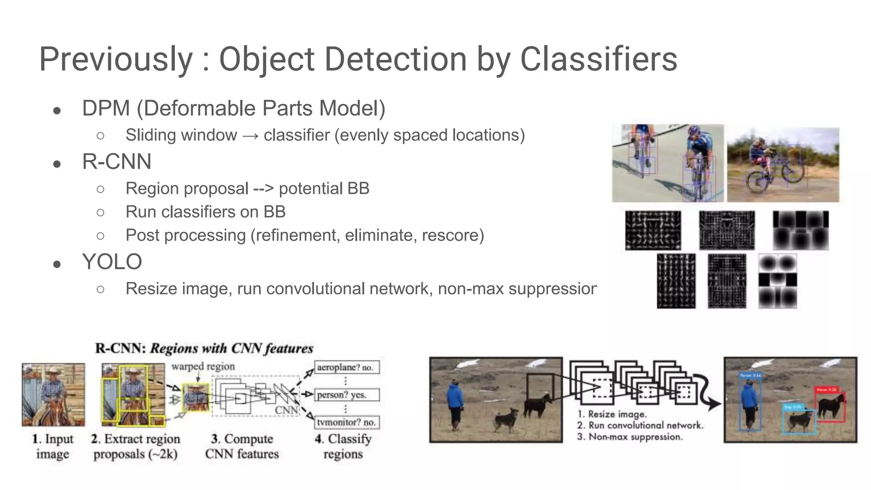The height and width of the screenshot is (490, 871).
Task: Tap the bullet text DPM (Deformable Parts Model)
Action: click(233, 108)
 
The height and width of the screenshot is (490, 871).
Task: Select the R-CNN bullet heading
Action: click(117, 162)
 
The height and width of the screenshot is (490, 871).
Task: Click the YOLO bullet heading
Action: click(112, 262)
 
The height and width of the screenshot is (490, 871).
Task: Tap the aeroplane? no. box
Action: click(347, 367)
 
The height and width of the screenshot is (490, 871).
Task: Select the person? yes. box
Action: click(347, 395)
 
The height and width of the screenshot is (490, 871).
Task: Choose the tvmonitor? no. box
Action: click(347, 422)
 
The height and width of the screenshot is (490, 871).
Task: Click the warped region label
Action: click(203, 366)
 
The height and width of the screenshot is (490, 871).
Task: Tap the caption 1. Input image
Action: click(53, 446)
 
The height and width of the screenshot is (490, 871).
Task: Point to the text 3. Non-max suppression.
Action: click(629, 437)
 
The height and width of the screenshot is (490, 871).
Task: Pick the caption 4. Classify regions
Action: click(343, 446)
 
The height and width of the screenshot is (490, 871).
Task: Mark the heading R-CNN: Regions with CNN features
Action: click(204, 348)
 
